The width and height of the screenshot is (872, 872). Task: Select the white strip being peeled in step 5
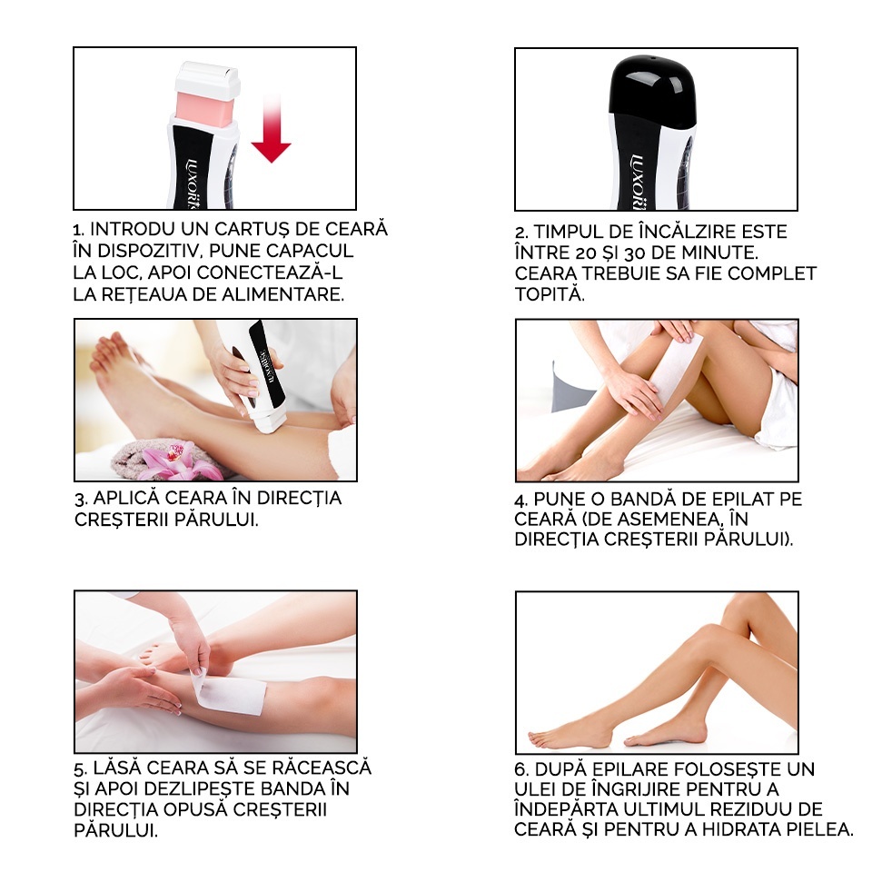pyautogui.click(x=232, y=694)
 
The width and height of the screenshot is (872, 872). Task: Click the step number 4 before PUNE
pyautogui.click(x=520, y=500)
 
